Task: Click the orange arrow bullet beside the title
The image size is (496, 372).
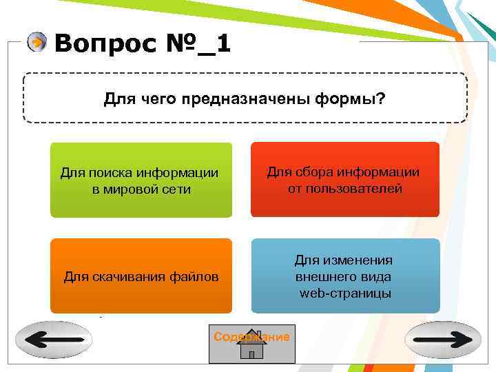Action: pyautogui.click(x=37, y=43)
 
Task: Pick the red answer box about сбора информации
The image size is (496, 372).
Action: pyautogui.click(x=344, y=180)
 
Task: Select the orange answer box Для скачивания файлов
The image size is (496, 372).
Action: pyautogui.click(x=141, y=276)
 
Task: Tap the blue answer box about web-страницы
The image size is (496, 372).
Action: pyautogui.click(x=344, y=276)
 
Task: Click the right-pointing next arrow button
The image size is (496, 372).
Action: pyautogui.click(x=442, y=340)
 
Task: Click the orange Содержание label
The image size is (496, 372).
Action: pyautogui.click(x=251, y=337)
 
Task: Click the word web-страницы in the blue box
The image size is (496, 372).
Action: pyautogui.click(x=346, y=294)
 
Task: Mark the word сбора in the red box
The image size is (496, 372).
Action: pyautogui.click(x=309, y=172)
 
